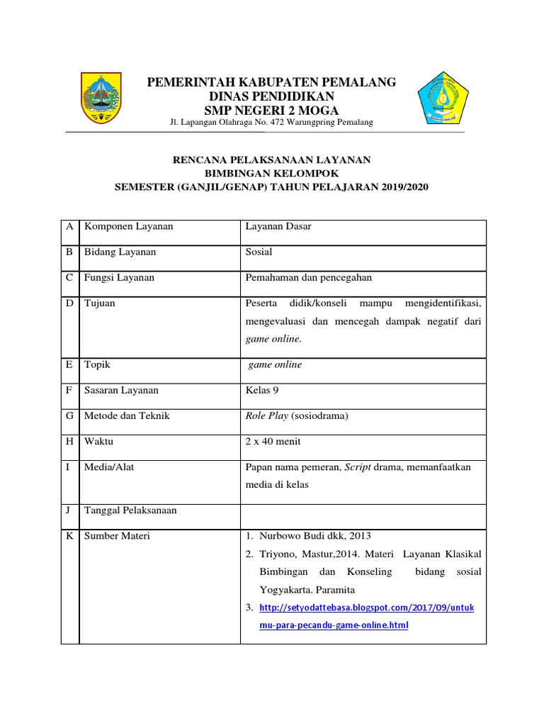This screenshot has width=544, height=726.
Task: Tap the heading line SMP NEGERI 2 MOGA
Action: point(271,110)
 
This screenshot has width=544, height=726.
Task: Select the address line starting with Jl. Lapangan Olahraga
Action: point(271,123)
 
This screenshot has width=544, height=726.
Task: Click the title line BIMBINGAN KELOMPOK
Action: point(272,173)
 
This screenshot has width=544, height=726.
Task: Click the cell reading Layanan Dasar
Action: point(278,227)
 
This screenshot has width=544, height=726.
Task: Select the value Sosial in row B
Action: point(259,252)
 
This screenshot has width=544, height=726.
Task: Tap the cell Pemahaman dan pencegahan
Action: point(308,278)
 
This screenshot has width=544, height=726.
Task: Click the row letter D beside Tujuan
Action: point(69,303)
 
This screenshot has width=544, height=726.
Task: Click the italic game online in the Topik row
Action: point(275,364)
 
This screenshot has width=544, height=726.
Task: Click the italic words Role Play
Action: point(266,415)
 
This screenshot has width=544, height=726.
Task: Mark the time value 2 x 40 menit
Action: point(273,441)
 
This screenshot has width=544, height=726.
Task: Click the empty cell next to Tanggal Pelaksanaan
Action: point(363,510)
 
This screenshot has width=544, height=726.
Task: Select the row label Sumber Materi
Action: point(117,536)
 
